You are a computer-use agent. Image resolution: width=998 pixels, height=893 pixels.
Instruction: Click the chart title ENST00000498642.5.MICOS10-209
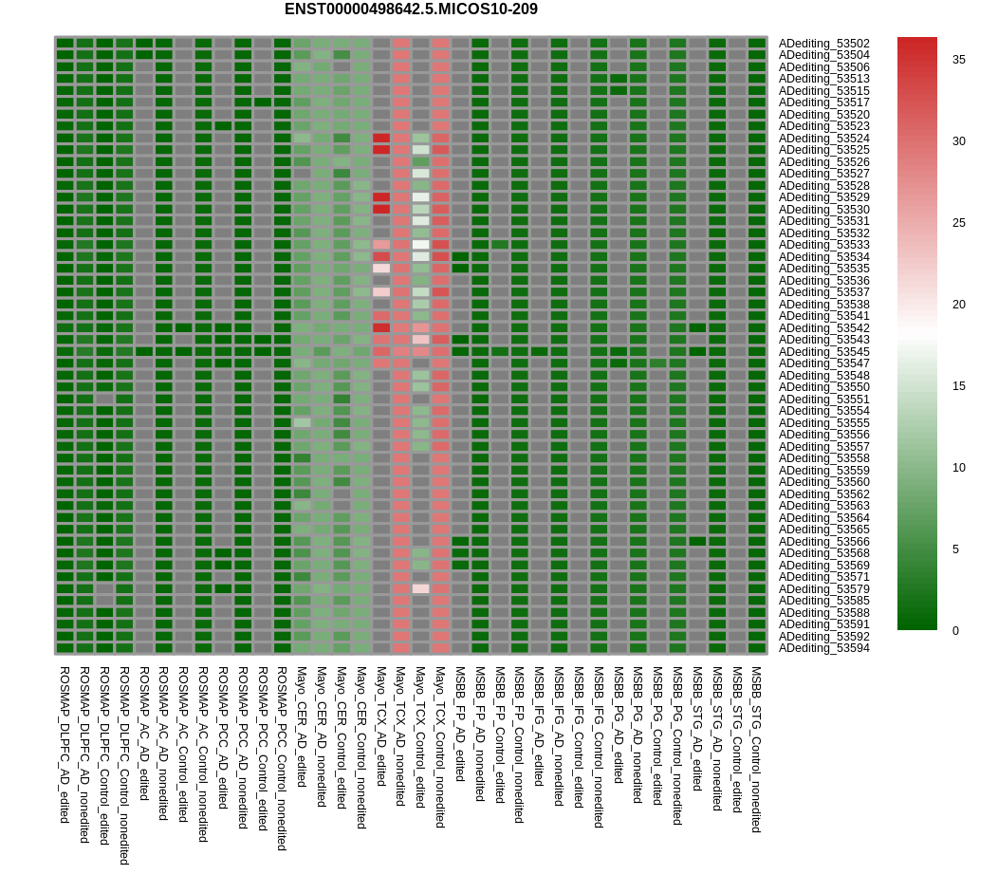[x=411, y=9]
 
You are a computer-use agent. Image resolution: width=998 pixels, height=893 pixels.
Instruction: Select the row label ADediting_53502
[x=823, y=43]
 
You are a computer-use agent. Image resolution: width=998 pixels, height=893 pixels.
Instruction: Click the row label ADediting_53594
[x=823, y=648]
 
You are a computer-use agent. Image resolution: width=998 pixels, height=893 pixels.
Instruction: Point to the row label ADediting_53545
[x=823, y=351]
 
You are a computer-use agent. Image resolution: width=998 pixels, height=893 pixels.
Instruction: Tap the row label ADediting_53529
[x=823, y=197]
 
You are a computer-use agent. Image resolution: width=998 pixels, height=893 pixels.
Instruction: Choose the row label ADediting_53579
[x=823, y=588]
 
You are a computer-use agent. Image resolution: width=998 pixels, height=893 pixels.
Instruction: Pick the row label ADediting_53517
[x=823, y=102]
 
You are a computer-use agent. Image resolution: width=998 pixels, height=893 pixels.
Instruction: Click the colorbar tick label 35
[x=959, y=60]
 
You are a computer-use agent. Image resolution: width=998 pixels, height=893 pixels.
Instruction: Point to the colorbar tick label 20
[x=959, y=305]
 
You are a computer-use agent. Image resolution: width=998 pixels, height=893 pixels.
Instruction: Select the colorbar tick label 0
[x=956, y=631]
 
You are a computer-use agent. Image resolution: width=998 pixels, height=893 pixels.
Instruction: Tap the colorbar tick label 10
[x=959, y=468]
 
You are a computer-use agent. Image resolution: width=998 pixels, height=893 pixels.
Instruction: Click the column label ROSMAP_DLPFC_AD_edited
[x=65, y=744]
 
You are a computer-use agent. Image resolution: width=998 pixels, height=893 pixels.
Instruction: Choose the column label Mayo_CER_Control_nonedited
[x=361, y=747]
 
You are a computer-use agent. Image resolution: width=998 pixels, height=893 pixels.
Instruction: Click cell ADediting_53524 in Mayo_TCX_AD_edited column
[x=381, y=138]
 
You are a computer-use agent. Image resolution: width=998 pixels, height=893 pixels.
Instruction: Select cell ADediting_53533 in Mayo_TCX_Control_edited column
[x=421, y=245]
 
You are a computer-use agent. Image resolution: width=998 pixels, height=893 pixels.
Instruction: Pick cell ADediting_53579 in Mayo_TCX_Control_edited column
[x=421, y=588]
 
